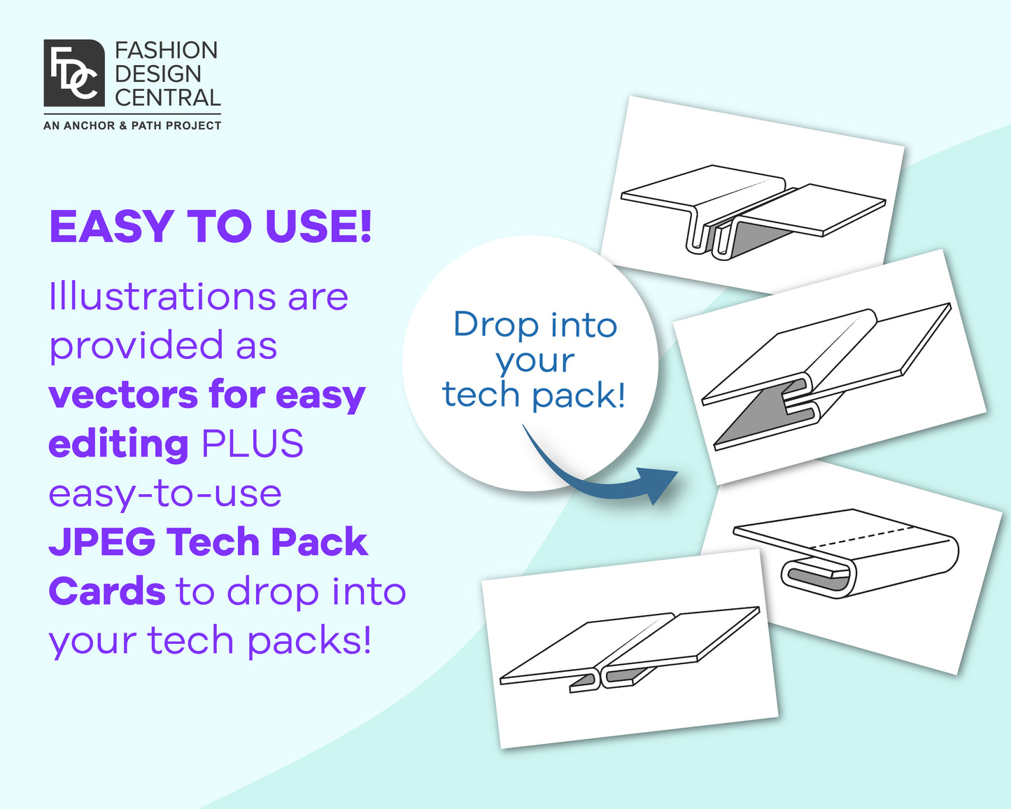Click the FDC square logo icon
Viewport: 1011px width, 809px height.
pos(74,73)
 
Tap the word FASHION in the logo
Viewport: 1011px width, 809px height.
pos(166,50)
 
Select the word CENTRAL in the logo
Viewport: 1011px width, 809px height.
pos(167,97)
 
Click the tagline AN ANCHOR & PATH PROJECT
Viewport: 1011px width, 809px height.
pos(132,126)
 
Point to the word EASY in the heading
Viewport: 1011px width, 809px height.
pos(111,227)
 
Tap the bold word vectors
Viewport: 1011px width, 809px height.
pos(120,395)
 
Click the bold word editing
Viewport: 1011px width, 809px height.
pos(118,445)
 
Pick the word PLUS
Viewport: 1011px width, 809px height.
pos(252,444)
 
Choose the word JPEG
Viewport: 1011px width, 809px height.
pos(102,542)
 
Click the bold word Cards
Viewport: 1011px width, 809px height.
pos(106,591)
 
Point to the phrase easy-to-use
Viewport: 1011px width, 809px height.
pos(165,494)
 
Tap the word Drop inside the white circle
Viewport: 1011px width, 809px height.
pos(496,325)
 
